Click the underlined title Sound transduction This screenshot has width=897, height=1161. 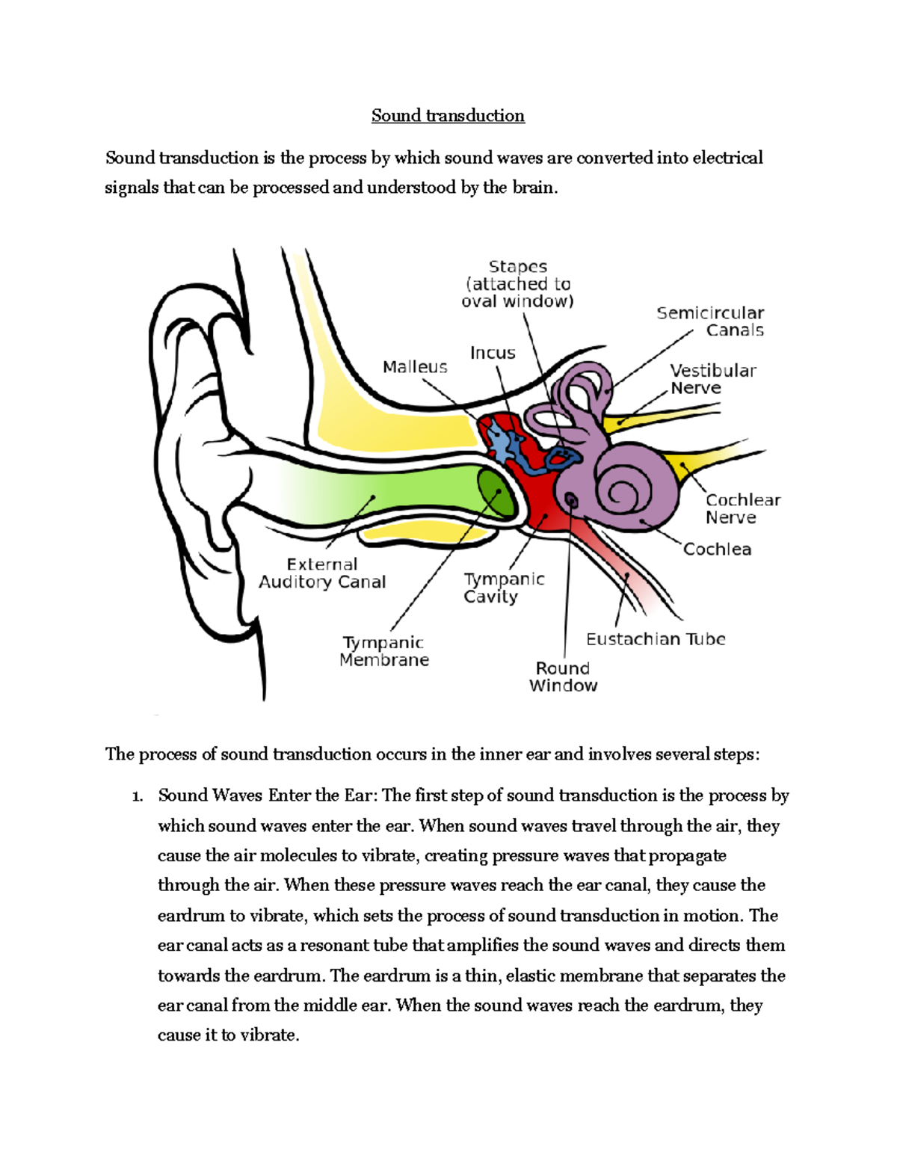pyautogui.click(x=448, y=116)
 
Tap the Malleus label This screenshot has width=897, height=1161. pyautogui.click(x=415, y=367)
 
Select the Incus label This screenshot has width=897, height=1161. pyautogui.click(x=493, y=353)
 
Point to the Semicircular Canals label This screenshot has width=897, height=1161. pyautogui.click(x=710, y=321)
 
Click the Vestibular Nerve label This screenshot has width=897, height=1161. pyautogui.click(x=712, y=379)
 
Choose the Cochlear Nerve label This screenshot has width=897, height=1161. pyautogui.click(x=742, y=508)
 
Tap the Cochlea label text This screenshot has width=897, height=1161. pyautogui.click(x=717, y=549)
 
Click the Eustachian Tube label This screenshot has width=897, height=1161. pyautogui.click(x=656, y=639)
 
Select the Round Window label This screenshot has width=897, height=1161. pyautogui.click(x=563, y=677)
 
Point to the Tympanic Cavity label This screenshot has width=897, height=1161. pyautogui.click(x=503, y=588)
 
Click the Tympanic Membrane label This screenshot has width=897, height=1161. pyautogui.click(x=384, y=651)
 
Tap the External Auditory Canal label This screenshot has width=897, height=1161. pyautogui.click(x=322, y=573)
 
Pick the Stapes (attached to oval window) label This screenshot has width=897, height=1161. pyautogui.click(x=517, y=284)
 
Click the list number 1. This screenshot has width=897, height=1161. pyautogui.click(x=137, y=796)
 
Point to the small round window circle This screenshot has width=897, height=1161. pyautogui.click(x=572, y=499)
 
